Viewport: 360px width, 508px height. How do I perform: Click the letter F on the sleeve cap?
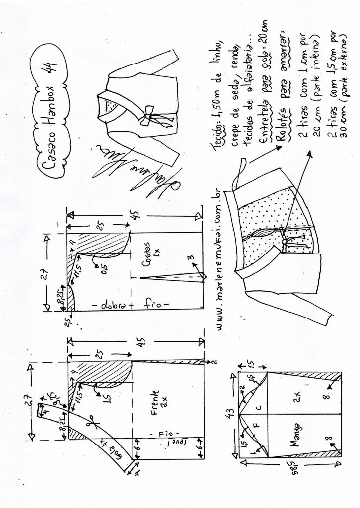pyautogui.click(x=258, y=427)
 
